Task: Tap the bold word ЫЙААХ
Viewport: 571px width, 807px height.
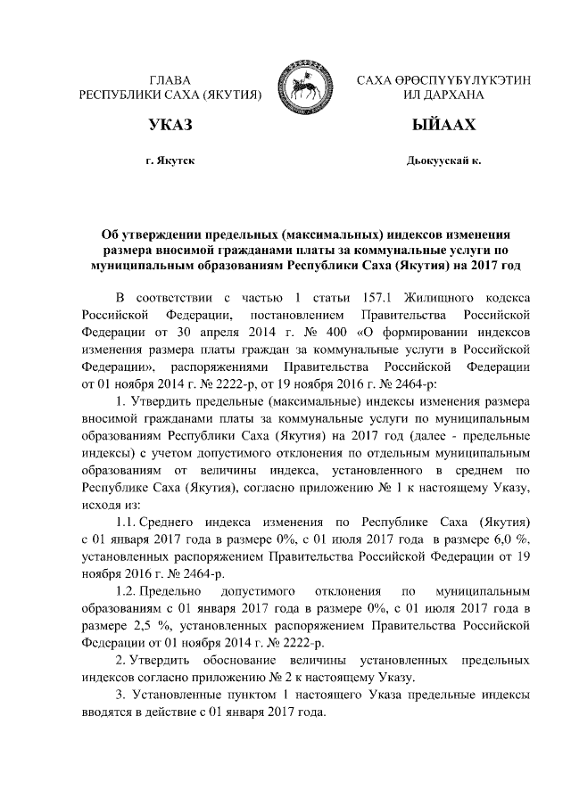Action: point(443,125)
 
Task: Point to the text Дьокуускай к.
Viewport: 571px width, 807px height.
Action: point(443,161)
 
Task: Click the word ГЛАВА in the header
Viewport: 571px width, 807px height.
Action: point(170,80)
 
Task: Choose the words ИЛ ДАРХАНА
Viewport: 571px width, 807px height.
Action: point(443,95)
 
